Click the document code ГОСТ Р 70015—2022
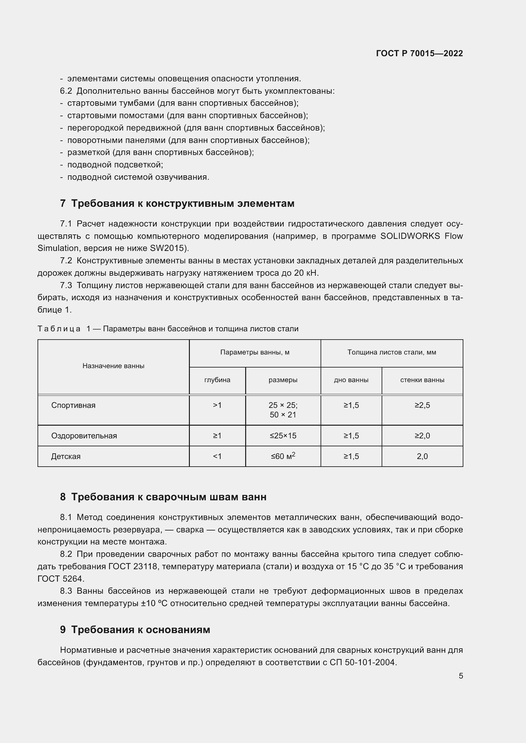tap(419, 53)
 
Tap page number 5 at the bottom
tap(460, 676)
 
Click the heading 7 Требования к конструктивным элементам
tap(177, 203)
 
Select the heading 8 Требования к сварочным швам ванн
tap(163, 497)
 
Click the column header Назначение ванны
tap(113, 366)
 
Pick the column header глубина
tap(217, 380)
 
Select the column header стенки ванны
tap(422, 380)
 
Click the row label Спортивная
tap(73, 405)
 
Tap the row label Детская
tap(66, 456)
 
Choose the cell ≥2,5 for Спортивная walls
tap(422, 405)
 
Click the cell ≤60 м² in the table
tap(283, 456)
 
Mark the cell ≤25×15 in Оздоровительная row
tap(283, 436)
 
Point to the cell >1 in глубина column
tap(217, 405)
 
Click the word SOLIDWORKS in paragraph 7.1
tap(410, 236)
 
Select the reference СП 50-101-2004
tap(363, 662)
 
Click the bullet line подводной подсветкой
tap(115, 165)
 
